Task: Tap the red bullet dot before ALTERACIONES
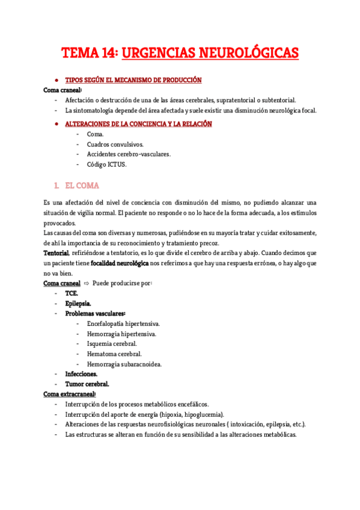pyautogui.click(x=56, y=123)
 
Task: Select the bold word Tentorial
pyautogui.click(x=56, y=252)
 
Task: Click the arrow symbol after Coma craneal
pyautogui.click(x=86, y=283)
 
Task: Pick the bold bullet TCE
pyautogui.click(x=72, y=293)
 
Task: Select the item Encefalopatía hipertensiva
pyautogui.click(x=123, y=324)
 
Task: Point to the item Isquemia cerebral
pyautogui.click(x=112, y=343)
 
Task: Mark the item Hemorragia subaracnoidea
pyautogui.click(x=124, y=364)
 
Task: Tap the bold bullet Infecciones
pyautogui.click(x=82, y=374)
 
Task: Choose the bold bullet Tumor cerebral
pyautogui.click(x=87, y=384)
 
